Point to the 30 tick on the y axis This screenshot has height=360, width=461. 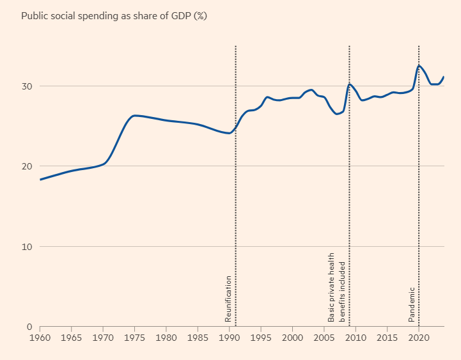(x=27, y=86)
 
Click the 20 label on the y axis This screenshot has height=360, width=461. (x=27, y=166)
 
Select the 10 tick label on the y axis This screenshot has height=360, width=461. (x=27, y=247)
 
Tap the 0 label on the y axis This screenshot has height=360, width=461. (x=29, y=327)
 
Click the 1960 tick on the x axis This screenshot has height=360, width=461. (x=40, y=337)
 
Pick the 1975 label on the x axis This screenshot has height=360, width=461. (x=135, y=337)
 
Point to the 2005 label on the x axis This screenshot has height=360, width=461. (x=324, y=337)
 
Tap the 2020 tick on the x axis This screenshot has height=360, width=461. (x=419, y=337)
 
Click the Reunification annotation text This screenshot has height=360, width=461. (x=228, y=299)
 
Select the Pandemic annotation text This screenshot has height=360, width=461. (x=412, y=304)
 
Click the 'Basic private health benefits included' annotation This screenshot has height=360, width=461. (x=336, y=291)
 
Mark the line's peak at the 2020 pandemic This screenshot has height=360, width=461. (x=419, y=65)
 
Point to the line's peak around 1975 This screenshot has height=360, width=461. (x=135, y=116)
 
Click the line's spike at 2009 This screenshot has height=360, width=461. (x=350, y=84)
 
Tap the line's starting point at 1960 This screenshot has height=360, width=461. (x=40, y=180)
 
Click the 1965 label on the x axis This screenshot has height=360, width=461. (x=72, y=337)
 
